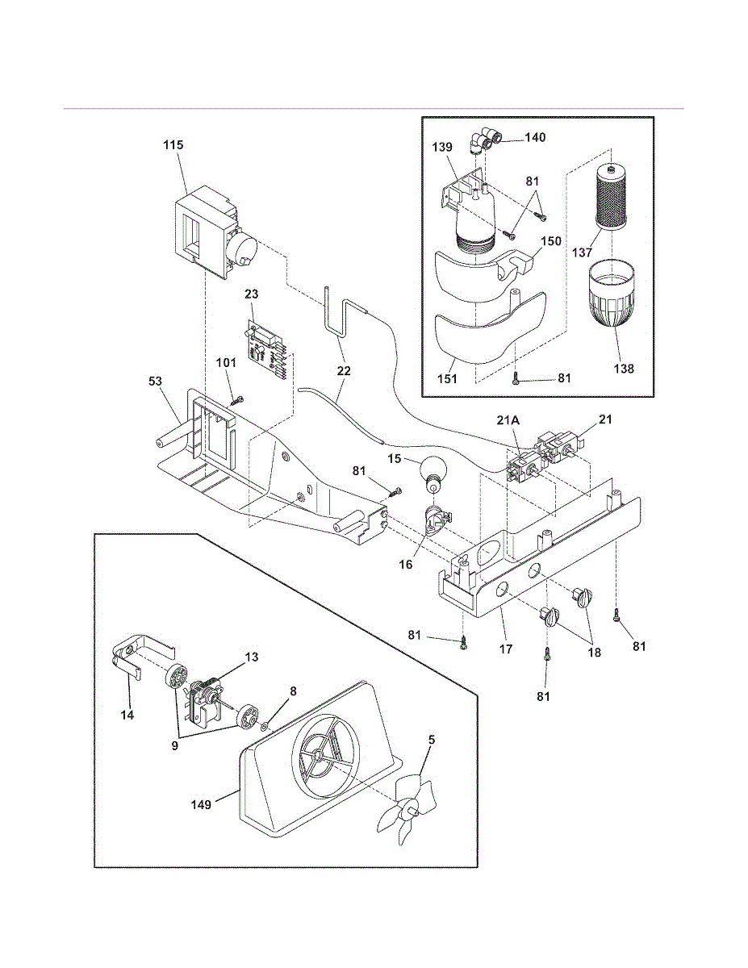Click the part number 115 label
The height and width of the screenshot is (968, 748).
[x=173, y=145]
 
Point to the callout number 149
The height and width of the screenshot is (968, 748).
[x=201, y=804]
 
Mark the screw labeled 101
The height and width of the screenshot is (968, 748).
[x=236, y=398]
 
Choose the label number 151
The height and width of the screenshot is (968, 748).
[x=445, y=378]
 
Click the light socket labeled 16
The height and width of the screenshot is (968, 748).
[x=434, y=521]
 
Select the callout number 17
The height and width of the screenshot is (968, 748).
[x=506, y=648]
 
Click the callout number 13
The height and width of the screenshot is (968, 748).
[x=252, y=657]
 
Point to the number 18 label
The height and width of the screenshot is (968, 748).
[x=594, y=653]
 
